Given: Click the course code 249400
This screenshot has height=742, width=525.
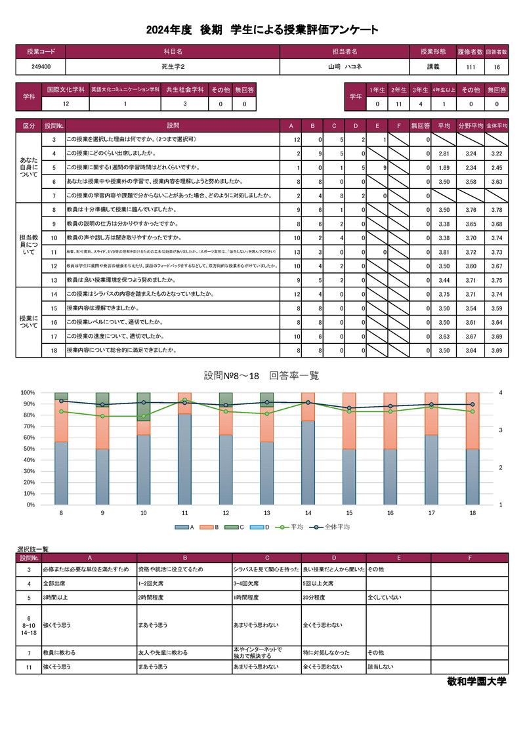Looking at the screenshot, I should (41, 67).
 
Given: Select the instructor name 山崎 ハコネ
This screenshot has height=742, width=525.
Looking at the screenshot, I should (345, 67).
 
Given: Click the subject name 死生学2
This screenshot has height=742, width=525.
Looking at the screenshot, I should (173, 67).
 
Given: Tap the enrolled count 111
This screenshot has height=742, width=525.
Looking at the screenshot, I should (470, 67).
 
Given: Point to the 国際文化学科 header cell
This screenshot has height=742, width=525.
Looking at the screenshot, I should (65, 89).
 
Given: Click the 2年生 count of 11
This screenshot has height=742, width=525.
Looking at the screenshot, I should (398, 104).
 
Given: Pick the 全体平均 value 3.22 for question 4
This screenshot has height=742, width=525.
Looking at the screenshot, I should (496, 154).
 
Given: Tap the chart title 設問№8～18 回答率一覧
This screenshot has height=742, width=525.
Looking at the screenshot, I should (261, 375).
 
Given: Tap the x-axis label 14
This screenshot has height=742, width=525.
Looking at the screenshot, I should (308, 513).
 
